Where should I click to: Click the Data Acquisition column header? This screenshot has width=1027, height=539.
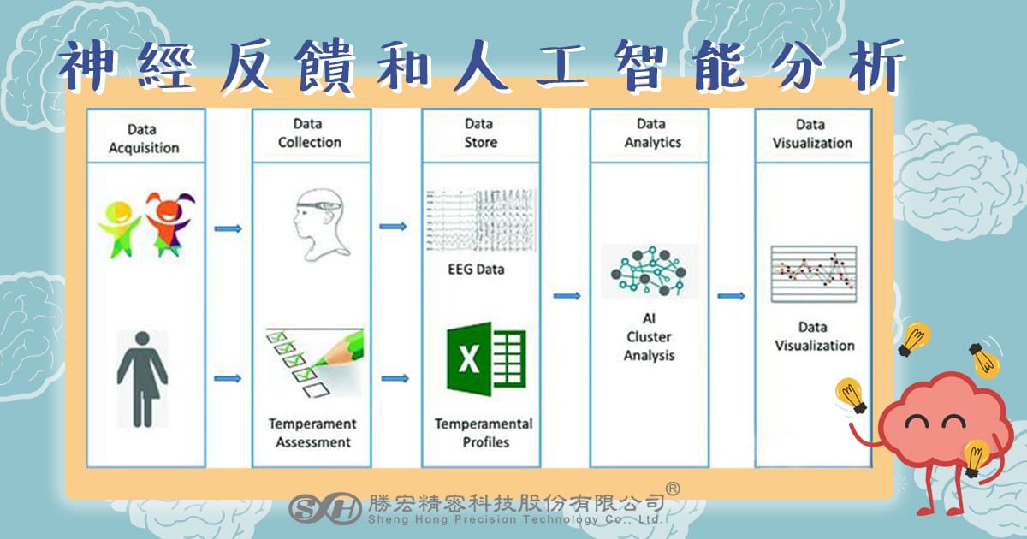[144, 139]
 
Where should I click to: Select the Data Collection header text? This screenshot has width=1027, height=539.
[310, 133]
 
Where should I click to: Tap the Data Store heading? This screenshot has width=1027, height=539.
[480, 133]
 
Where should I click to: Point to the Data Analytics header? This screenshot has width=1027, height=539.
[652, 133]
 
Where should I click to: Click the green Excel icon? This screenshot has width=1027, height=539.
[486, 358]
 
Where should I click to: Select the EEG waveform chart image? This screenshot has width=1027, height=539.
[481, 220]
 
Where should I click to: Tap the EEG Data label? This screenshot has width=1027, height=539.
[476, 269]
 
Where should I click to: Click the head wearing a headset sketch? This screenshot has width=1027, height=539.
[320, 224]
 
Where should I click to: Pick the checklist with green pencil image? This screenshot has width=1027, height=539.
[315, 363]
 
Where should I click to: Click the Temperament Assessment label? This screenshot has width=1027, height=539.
[312, 433]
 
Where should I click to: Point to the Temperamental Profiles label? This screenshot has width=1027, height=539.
[484, 433]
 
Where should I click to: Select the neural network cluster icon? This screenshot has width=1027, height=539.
[649, 271]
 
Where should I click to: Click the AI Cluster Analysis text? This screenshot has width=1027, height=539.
[650, 337]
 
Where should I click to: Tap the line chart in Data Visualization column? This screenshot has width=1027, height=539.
[814, 274]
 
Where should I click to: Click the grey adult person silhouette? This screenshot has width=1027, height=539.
[142, 378]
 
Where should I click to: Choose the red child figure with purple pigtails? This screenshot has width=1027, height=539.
[169, 223]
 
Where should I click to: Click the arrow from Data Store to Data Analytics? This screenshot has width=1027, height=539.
[567, 296]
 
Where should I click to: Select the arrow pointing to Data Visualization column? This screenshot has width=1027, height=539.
[731, 296]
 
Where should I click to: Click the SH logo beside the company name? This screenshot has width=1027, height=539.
[325, 508]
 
